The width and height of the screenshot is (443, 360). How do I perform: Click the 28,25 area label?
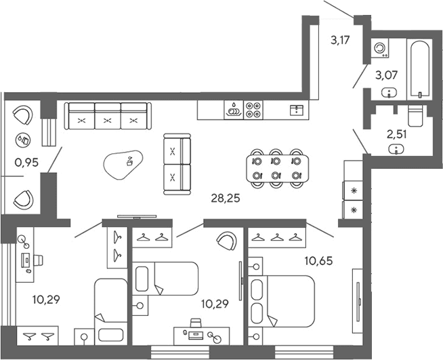[x=226, y=199]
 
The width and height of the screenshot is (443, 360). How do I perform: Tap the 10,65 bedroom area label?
[x=318, y=261]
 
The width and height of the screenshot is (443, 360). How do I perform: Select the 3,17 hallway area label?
[x=340, y=40]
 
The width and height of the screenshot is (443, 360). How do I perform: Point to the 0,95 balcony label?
[x=26, y=162]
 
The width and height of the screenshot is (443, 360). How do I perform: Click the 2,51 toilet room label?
[x=397, y=135]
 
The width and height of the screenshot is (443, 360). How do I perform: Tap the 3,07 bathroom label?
[x=386, y=75]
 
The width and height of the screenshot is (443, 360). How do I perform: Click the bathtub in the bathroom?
[x=420, y=69]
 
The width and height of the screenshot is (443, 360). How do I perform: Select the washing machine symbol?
[x=380, y=48]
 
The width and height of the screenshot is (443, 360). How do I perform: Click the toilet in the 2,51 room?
[x=416, y=115]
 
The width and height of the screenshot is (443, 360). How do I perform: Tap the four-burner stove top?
[x=253, y=110]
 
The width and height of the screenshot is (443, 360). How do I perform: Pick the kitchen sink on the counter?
[x=297, y=110]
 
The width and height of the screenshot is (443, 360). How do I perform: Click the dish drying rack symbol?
[x=234, y=110]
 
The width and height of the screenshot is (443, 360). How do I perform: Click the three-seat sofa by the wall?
[x=108, y=116]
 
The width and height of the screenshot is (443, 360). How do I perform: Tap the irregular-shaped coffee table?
[x=123, y=165]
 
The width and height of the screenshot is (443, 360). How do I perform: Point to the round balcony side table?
[x=24, y=140]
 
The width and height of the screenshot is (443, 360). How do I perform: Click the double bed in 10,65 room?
[x=281, y=302]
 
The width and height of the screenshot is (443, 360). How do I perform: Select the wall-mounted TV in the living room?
[x=137, y=217]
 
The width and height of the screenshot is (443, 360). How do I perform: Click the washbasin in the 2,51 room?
[x=396, y=149]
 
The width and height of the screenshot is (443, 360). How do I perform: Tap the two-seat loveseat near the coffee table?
[x=177, y=164]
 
